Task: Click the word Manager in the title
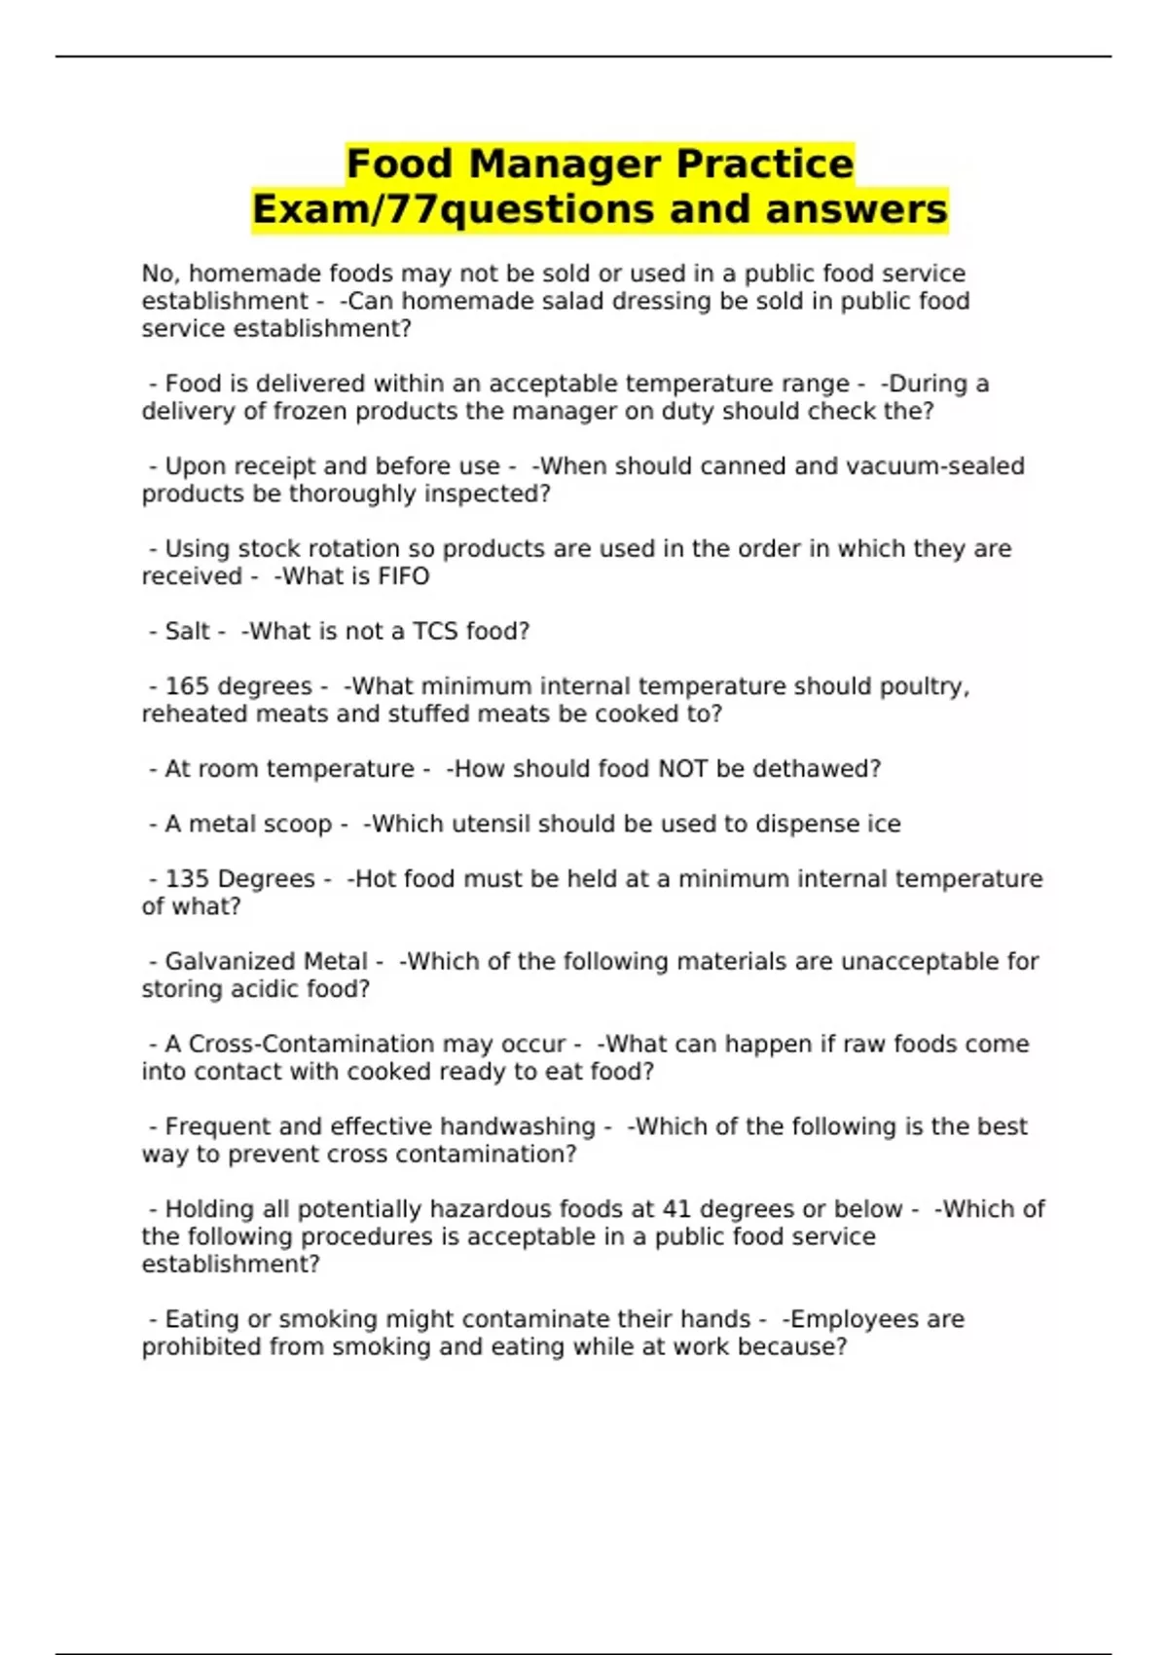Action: (566, 165)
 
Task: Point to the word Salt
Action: (187, 631)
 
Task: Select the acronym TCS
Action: (435, 631)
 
